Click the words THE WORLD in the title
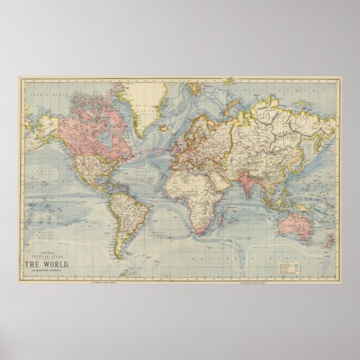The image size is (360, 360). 46,264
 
